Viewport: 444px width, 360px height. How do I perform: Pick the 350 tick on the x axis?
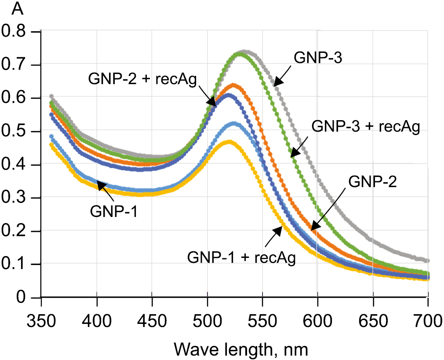click(x=41, y=320)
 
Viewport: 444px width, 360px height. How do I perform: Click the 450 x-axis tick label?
click(x=152, y=320)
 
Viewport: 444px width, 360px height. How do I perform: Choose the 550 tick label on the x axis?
click(x=262, y=320)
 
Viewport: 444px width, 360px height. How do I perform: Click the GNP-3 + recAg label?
click(x=366, y=126)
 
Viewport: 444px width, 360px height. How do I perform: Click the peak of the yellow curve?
click(x=229, y=142)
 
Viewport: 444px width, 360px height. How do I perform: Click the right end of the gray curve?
click(x=427, y=261)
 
